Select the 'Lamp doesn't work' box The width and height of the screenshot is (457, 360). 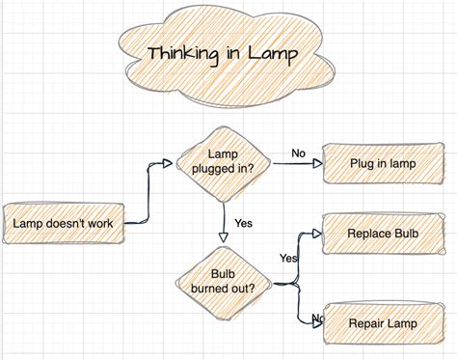coord(64,223)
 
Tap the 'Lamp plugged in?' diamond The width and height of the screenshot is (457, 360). coord(223,161)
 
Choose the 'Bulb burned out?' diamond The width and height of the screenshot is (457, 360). coord(223,279)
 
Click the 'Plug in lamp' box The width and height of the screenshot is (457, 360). coord(382,163)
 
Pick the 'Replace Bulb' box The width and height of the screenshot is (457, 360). coord(383,235)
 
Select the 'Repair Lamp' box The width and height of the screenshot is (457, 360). coord(382,323)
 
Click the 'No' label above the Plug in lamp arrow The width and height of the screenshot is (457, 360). coord(298,152)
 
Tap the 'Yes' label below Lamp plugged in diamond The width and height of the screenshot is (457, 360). coord(243,223)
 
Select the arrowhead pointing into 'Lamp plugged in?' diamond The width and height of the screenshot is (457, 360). coord(174,164)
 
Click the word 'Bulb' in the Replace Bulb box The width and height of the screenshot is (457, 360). coord(405,235)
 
